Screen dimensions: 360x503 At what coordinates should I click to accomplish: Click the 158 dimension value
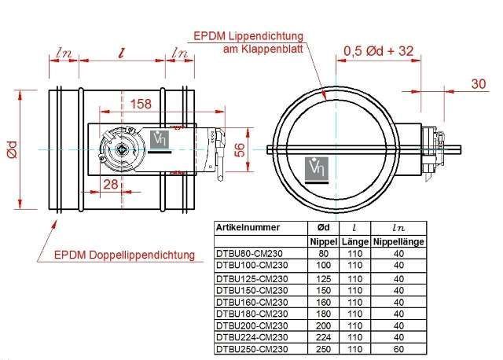[141, 103]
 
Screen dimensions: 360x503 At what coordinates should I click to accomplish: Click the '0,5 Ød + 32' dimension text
[378, 52]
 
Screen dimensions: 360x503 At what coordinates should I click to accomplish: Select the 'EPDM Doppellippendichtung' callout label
[124, 255]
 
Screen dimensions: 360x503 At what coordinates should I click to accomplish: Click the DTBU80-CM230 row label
[248, 254]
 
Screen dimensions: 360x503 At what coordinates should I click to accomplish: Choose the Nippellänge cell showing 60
[398, 349]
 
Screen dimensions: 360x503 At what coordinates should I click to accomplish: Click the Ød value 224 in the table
[323, 337]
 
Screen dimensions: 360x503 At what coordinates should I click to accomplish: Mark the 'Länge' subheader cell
[354, 241]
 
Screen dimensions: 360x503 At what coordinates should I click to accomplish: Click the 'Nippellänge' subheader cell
[398, 241]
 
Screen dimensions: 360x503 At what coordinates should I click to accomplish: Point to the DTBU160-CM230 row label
[251, 302]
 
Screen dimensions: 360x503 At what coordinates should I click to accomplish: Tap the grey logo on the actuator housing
[160, 141]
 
